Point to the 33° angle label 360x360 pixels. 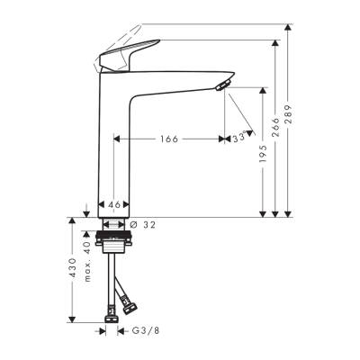coord(238,139)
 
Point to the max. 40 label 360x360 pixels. coord(87,259)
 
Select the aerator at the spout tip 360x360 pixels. coord(222,85)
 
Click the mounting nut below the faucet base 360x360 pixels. coord(114,244)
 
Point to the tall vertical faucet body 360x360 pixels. coord(114,153)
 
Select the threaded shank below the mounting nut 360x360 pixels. coord(114,265)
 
